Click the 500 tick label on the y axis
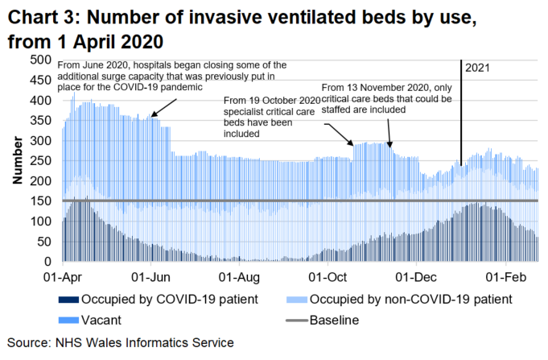pyautogui.click(x=40, y=60)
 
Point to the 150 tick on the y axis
pyautogui.click(x=40, y=201)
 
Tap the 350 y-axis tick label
pyautogui.click(x=40, y=121)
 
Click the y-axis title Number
pyautogui.click(x=17, y=161)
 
